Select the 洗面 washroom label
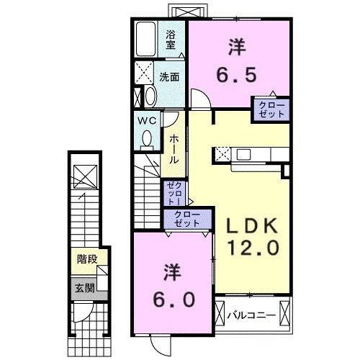click(x=169, y=77)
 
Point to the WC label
click(x=148, y=120)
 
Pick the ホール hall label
click(x=174, y=149)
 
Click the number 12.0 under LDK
click(x=249, y=248)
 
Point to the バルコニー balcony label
click(x=251, y=315)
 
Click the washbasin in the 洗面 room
click(x=149, y=95)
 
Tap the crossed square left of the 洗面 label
click(x=144, y=73)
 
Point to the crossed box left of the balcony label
click(x=220, y=315)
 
